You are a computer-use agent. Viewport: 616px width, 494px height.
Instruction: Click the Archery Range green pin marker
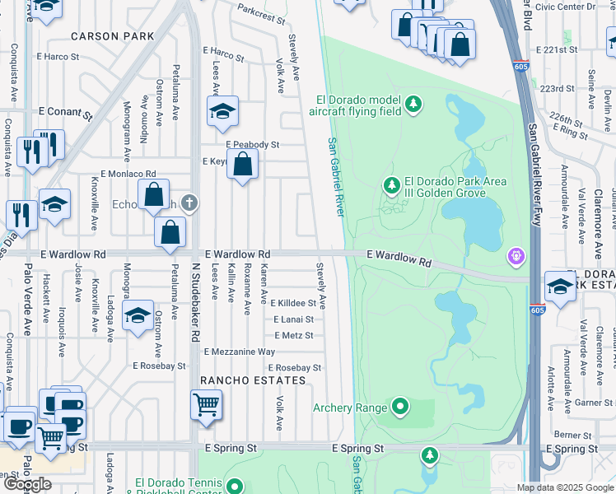click(x=400, y=406)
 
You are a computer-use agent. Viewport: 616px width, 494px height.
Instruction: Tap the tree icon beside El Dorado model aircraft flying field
click(x=413, y=105)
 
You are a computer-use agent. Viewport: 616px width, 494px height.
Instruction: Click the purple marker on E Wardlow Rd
click(x=516, y=256)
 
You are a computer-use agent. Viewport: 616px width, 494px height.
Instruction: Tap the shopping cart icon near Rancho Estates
click(x=205, y=405)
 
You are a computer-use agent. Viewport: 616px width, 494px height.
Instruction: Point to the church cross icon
click(x=190, y=202)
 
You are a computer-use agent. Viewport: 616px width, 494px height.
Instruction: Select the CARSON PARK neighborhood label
click(x=112, y=36)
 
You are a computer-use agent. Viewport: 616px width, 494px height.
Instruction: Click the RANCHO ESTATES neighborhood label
click(x=253, y=380)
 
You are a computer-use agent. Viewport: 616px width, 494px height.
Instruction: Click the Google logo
click(x=27, y=484)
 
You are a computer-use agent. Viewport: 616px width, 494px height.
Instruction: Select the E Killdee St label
click(x=294, y=303)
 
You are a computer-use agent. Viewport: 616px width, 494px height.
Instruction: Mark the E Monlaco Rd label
click(x=123, y=174)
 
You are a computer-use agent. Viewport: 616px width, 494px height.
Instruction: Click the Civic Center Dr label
click(x=564, y=7)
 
